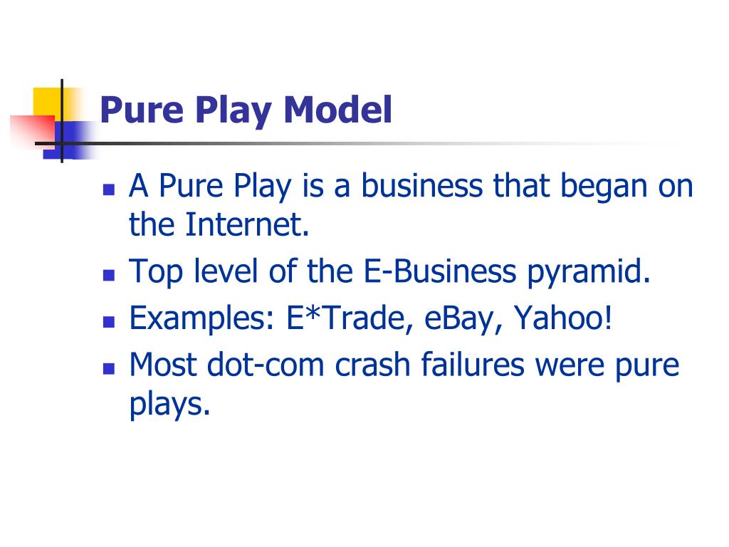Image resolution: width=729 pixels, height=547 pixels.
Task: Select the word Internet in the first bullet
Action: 248,225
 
